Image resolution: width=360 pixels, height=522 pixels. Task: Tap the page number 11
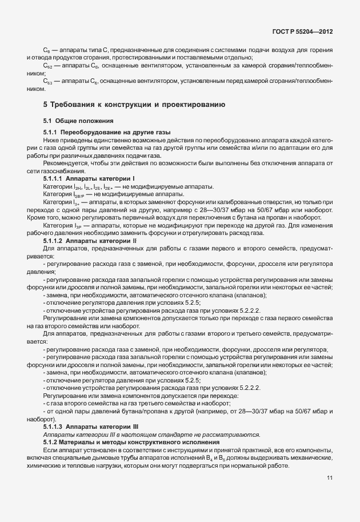point(330,478)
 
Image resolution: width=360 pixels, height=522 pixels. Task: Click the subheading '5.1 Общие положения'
point(75,121)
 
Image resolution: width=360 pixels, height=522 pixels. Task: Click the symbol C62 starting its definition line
point(49,67)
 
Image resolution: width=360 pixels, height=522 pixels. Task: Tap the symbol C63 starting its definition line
point(49,83)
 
